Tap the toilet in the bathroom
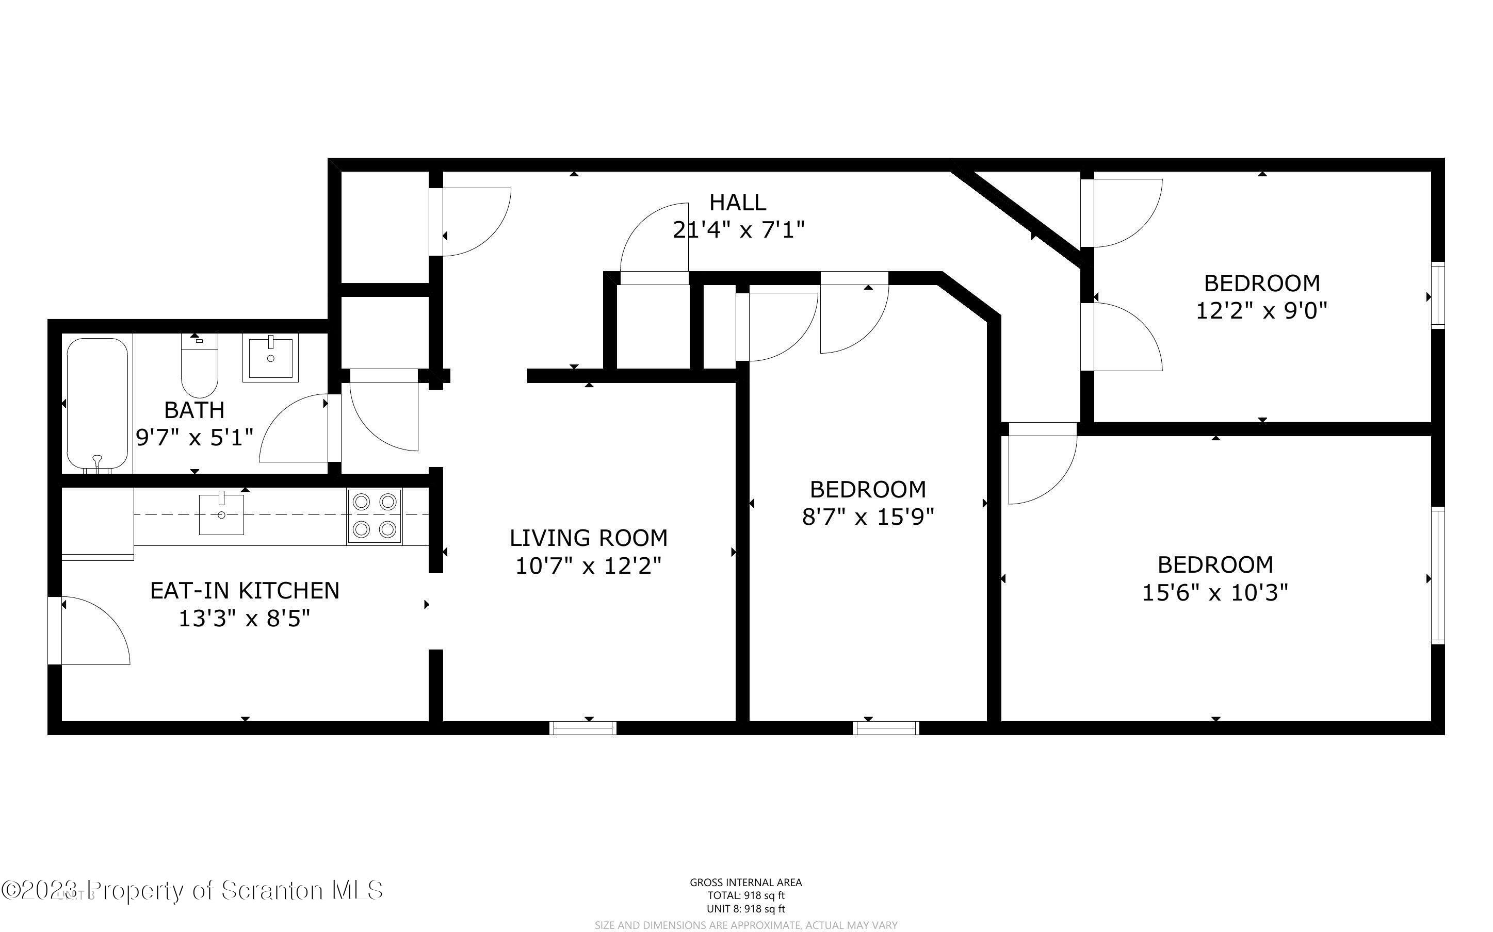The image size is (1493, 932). (199, 367)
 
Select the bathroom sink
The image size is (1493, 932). (270, 358)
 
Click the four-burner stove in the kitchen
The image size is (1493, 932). (375, 516)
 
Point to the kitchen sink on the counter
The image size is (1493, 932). (221, 513)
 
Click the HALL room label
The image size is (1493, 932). (738, 202)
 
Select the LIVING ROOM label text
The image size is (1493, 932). (588, 538)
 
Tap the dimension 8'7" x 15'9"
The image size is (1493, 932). (868, 517)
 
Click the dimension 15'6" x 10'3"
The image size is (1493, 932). (1215, 593)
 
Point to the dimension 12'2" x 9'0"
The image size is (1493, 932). (1261, 310)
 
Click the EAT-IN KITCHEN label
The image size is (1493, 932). (245, 591)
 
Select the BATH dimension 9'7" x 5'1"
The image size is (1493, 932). (194, 438)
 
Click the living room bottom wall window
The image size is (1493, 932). (583, 728)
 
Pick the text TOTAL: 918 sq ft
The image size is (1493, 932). (745, 895)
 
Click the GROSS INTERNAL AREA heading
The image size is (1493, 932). (745, 883)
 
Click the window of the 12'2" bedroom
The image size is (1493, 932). (1437, 295)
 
